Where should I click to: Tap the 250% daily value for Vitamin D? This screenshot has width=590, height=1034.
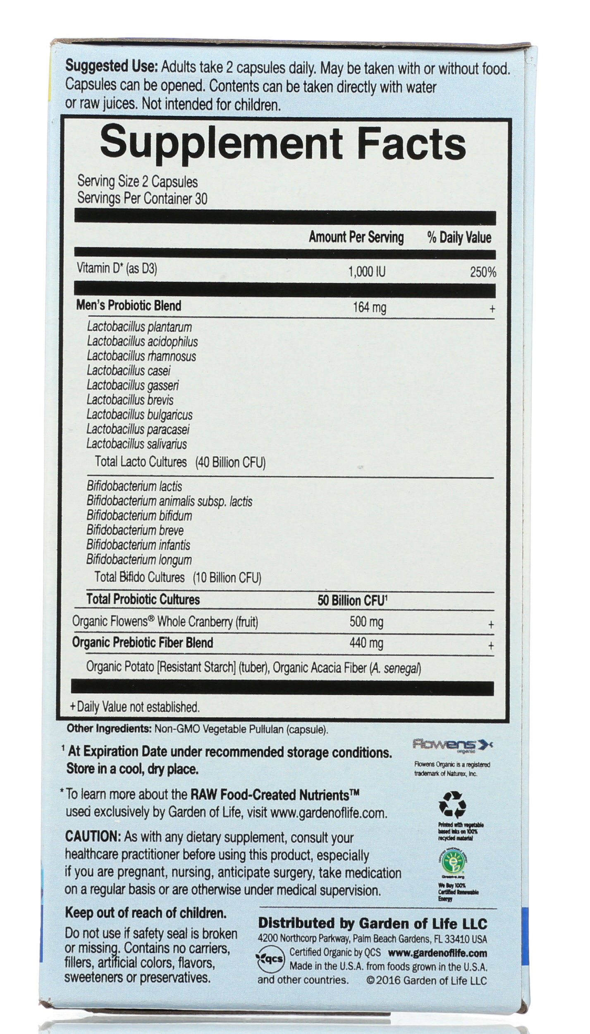[483, 272]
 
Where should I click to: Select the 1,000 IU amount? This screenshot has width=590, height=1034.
[367, 272]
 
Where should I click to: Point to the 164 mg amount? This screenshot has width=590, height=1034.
[369, 308]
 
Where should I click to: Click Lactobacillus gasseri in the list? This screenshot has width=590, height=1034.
[133, 385]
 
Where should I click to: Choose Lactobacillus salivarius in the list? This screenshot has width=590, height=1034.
[136, 444]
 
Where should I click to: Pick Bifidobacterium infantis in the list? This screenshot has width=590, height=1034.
[138, 545]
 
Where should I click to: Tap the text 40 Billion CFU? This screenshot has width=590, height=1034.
[230, 462]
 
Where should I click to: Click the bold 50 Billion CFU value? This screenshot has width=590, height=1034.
[351, 600]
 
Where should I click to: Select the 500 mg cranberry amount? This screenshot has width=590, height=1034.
[366, 622]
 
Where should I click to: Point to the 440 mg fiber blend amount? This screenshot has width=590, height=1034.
[366, 643]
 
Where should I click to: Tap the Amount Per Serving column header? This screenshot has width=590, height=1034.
[356, 237]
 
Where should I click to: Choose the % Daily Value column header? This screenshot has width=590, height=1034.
[459, 238]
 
